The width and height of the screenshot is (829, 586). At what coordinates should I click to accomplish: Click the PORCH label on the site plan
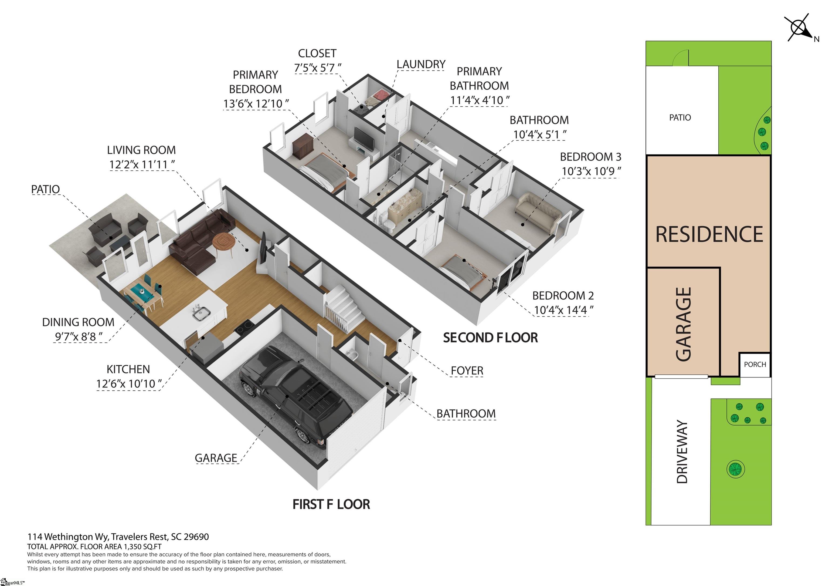click(x=755, y=365)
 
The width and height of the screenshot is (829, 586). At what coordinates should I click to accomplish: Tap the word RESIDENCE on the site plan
click(x=709, y=234)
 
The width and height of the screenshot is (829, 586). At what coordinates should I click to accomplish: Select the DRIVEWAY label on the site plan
click(x=682, y=452)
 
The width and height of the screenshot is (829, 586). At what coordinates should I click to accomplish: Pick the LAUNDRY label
click(x=421, y=64)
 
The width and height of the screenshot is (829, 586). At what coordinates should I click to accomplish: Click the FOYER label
click(x=467, y=371)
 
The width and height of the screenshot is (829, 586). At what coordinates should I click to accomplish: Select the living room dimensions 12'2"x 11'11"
click(x=142, y=165)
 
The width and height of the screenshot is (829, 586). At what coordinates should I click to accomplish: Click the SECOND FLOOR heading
click(x=490, y=338)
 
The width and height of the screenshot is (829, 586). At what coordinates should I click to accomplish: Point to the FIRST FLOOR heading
click(x=331, y=504)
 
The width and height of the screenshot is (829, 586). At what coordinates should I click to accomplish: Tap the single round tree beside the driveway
click(x=735, y=469)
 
